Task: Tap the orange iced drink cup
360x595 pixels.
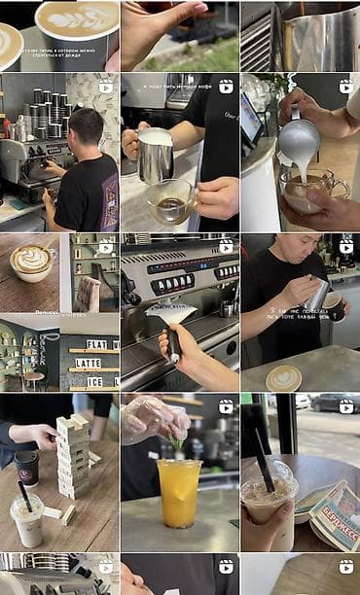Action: click(179, 491)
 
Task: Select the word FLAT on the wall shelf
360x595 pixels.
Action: click(97, 343)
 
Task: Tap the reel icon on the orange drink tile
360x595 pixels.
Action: click(226, 402)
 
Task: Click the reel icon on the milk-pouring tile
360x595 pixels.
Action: click(345, 87)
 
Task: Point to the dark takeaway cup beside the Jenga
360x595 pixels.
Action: click(26, 468)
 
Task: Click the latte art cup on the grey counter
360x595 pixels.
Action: click(283, 378)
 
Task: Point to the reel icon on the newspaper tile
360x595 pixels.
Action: click(345, 402)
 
